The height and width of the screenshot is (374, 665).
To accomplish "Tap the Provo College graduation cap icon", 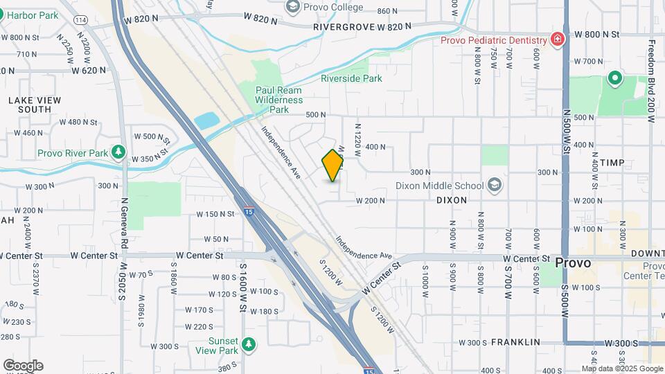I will coord(293,6).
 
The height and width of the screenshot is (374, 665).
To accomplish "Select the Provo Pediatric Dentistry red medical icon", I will coord(557,39).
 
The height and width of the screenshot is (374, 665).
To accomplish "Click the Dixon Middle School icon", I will coord(495,185).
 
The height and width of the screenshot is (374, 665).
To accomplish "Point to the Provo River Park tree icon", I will coord(119,152).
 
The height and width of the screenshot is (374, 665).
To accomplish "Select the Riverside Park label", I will coord(351,78).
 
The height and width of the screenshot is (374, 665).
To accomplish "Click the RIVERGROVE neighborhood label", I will coord(344,26).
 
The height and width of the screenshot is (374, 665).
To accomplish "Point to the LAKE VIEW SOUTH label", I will coord(35,105).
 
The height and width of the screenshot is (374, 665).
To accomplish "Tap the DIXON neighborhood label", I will coord(452,199).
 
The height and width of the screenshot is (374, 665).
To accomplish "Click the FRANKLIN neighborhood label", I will coord(515,342).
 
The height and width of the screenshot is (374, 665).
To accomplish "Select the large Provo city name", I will coord(573,263).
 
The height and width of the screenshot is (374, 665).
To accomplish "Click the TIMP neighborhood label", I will coord(612,163).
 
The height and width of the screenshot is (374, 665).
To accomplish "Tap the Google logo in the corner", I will coord(23,366).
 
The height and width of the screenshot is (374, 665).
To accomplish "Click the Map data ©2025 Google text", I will coord(622,368).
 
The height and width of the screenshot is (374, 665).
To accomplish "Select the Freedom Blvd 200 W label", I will coord(651,80).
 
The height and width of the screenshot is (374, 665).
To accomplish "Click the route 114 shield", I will coord(81,20).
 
